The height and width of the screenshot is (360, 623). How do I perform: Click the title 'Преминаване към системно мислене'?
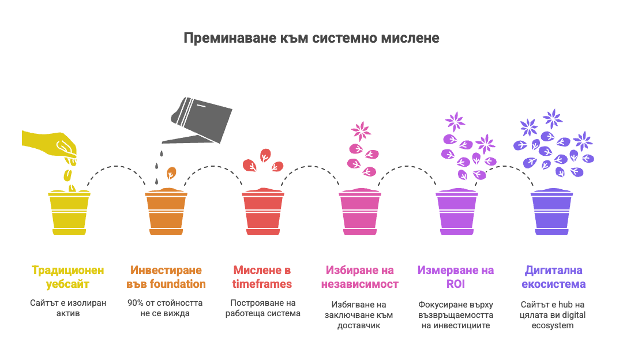(311, 38)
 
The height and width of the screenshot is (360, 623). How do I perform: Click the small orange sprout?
(171, 173)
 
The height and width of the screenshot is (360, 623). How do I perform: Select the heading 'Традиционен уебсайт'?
(69, 277)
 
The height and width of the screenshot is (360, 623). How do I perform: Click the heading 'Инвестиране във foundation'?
(166, 277)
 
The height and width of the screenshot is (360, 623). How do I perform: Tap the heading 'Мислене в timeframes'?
(262, 277)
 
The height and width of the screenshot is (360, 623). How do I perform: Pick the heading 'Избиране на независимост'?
(359, 277)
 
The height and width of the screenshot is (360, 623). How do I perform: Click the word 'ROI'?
(456, 284)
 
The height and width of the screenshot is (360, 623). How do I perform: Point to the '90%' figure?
(137, 302)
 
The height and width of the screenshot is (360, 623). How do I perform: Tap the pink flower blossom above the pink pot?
(361, 130)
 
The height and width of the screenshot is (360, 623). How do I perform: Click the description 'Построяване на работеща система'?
(262, 308)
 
